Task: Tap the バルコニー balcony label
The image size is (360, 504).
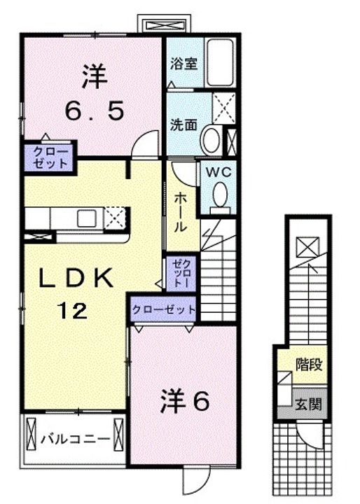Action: coord(75,440)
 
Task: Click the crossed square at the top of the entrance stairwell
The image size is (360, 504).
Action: coord(306,247)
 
